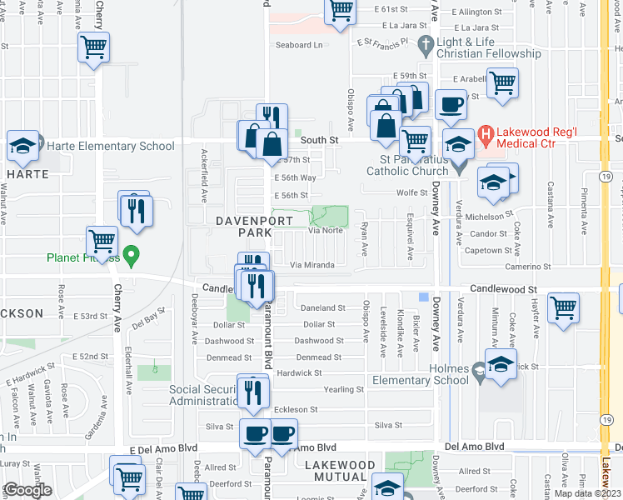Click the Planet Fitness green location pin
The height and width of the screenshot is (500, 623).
[x=130, y=253]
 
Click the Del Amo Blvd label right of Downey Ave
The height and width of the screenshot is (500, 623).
[x=475, y=447]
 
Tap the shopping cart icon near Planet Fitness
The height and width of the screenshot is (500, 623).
[x=102, y=242]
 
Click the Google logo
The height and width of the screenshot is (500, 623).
[x=27, y=490]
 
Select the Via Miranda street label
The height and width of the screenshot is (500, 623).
[x=311, y=265]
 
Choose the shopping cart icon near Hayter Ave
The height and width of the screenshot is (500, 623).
[x=564, y=307]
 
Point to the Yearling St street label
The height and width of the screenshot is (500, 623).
[x=344, y=389]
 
